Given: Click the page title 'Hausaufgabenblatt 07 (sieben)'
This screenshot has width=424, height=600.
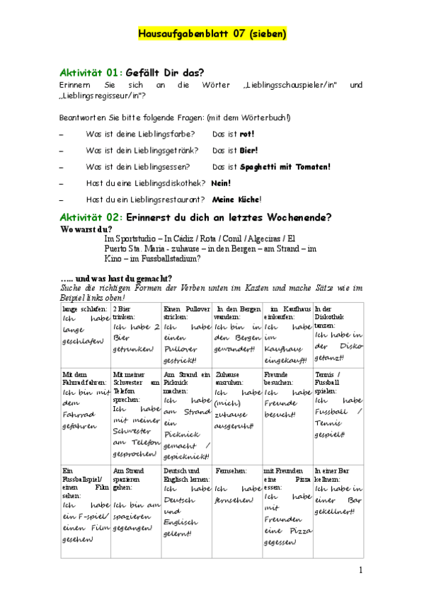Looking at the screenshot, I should [x=212, y=34].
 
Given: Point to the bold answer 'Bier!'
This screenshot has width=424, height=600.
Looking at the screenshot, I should [x=248, y=151].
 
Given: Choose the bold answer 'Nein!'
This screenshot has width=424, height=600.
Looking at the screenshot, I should [x=221, y=183].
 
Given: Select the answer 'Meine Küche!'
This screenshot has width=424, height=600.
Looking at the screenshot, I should [x=236, y=200].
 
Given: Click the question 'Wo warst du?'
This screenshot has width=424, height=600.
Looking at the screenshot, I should [x=86, y=229].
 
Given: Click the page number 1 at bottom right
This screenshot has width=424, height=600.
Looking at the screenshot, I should [x=360, y=570].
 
